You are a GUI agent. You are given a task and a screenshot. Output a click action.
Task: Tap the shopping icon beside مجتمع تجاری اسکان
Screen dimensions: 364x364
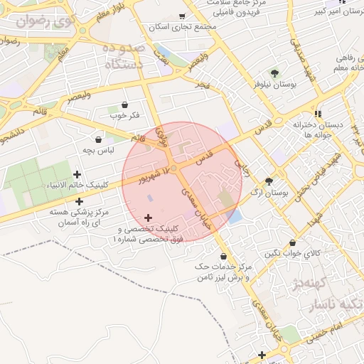tap(182, 16)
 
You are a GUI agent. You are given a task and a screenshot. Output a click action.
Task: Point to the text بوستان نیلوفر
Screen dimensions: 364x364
tap(254, 84)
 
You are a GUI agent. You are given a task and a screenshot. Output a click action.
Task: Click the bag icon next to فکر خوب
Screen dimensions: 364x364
tap(125, 105)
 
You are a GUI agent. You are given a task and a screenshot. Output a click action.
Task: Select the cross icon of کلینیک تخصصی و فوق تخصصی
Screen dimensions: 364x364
tap(148, 217)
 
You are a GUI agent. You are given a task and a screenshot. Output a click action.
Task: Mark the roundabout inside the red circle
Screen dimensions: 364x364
tap(174, 168)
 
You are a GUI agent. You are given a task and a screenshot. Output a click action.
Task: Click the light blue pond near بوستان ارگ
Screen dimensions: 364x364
tap(234, 216)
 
